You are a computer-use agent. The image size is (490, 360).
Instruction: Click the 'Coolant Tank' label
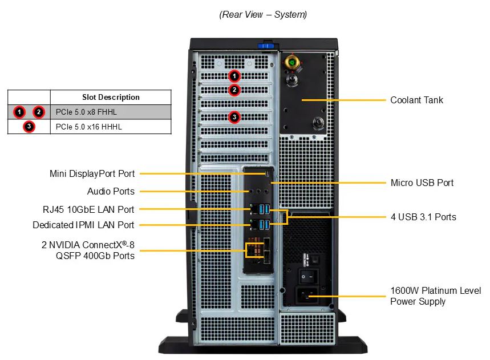[416, 100]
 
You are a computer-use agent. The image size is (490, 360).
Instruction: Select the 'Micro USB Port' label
[422, 183]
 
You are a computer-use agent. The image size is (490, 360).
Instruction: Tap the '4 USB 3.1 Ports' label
[423, 217]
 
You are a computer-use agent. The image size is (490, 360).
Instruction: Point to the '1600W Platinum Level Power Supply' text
[435, 296]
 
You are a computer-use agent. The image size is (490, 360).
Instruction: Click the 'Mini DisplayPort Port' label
[92, 174]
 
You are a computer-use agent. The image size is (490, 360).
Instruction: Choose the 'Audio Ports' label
[111, 192]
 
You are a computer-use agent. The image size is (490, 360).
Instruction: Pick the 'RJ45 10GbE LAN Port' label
[88, 209]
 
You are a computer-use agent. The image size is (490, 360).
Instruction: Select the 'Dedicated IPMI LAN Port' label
[84, 225]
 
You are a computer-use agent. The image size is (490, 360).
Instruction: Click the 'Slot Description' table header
[111, 98]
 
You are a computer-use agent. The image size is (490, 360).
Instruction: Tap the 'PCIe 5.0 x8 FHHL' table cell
[86, 112]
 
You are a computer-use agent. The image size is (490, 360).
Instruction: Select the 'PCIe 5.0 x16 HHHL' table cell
[88, 127]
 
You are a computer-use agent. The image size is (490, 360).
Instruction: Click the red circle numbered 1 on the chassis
[234, 75]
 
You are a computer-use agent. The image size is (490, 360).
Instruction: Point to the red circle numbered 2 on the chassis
[234, 90]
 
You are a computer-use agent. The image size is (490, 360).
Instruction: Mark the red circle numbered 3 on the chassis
[234, 118]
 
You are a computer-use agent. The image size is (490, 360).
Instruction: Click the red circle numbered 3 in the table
[29, 127]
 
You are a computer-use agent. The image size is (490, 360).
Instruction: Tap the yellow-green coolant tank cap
[293, 62]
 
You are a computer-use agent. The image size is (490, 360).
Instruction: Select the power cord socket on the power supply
[306, 296]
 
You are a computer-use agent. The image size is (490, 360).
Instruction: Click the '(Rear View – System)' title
[263, 15]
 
